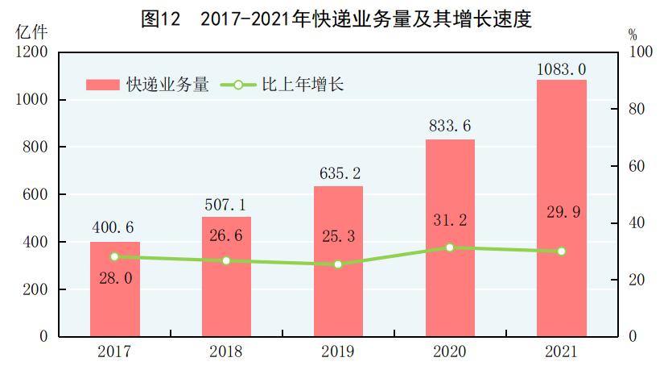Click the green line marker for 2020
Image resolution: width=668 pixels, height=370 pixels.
click(450, 247)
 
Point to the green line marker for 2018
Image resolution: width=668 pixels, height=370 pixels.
click(226, 260)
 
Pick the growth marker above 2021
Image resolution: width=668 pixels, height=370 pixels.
click(562, 252)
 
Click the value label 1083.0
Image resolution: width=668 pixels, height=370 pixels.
click(561, 69)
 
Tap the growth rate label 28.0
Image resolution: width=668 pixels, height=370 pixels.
click(114, 278)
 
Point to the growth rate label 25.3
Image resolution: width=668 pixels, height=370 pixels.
click(338, 239)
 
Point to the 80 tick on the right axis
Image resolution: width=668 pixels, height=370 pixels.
click(636, 109)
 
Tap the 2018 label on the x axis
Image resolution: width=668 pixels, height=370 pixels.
click(226, 351)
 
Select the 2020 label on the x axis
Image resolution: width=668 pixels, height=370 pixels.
click(450, 351)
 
